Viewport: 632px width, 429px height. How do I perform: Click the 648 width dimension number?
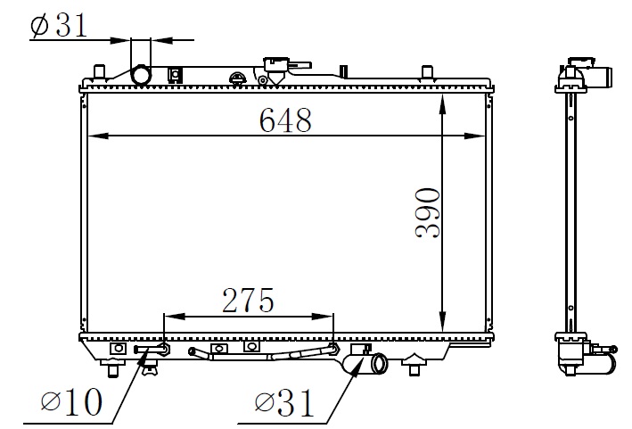click(285, 120)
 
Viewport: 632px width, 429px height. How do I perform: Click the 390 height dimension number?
click(428, 213)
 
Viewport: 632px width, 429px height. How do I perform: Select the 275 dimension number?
click(248, 301)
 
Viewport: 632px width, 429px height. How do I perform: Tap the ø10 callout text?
click(71, 401)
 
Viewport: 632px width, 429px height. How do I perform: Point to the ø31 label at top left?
click(59, 25)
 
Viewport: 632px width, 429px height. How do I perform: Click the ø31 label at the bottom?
click(284, 402)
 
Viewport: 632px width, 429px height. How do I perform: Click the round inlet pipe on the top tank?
click(141, 75)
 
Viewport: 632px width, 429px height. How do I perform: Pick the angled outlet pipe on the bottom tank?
click(365, 362)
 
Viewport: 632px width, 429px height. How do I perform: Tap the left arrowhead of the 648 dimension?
click(98, 136)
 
